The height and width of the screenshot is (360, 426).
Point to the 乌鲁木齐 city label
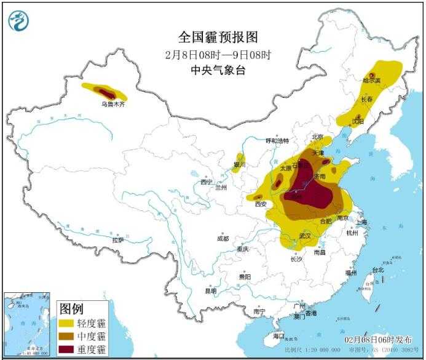coord(112,105)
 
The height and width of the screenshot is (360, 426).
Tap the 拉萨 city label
coord(117,239)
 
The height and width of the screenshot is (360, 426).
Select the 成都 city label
coord(222,238)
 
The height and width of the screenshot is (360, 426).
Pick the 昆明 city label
coord(211,290)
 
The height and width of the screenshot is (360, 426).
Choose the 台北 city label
coord(378,270)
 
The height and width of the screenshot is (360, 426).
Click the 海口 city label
coord(278,336)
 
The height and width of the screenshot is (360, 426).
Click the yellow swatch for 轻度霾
coord(66,323)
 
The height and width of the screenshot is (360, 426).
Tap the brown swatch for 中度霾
coord(66,336)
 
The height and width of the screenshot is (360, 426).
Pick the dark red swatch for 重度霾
coord(66,350)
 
